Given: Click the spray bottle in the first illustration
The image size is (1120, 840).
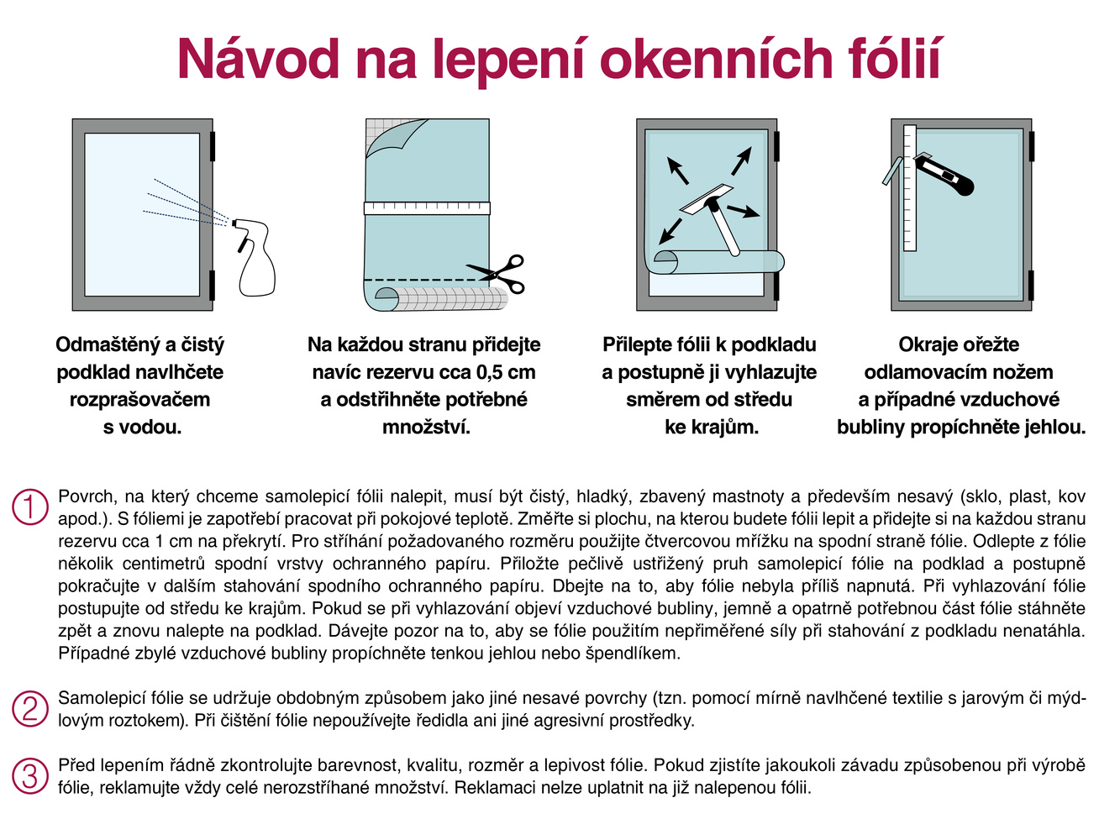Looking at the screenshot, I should click(x=255, y=260).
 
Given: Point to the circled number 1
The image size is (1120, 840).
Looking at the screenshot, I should click(x=30, y=507).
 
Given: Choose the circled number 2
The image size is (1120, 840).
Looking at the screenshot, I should click(x=30, y=708).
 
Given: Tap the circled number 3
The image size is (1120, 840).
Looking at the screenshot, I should click(x=30, y=776).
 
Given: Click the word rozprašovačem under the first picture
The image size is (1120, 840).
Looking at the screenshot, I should click(x=139, y=399).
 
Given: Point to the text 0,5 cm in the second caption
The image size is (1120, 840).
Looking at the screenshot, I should click(x=506, y=371).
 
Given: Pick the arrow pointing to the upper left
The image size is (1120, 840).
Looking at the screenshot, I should click(x=677, y=169).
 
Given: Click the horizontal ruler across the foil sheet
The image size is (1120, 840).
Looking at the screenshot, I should click(x=427, y=207).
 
